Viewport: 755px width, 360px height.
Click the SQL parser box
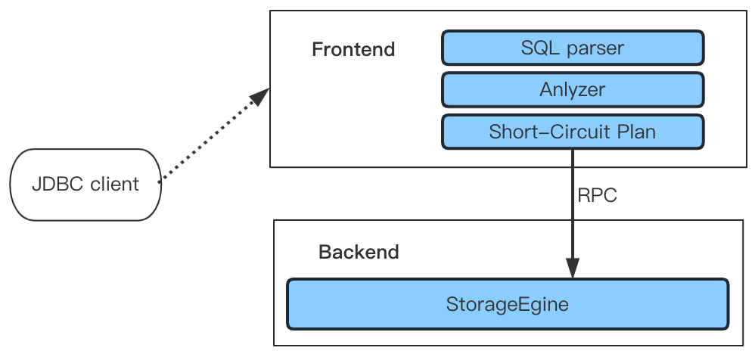pyautogui.click(x=573, y=48)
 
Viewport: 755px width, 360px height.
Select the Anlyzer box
pyautogui.click(x=573, y=89)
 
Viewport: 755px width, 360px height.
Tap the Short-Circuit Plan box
pyautogui.click(x=573, y=132)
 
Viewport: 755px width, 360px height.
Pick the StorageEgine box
pyautogui.click(x=508, y=304)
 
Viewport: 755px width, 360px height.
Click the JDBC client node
pyautogui.click(x=85, y=185)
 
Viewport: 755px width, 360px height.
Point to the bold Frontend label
pyautogui.click(x=353, y=50)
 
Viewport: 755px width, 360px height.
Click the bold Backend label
pyautogui.click(x=359, y=252)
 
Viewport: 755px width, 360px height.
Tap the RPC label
pyautogui.click(x=597, y=195)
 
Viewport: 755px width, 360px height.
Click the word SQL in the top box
pyautogui.click(x=539, y=48)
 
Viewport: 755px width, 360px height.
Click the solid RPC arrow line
pyautogui.click(x=572, y=214)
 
